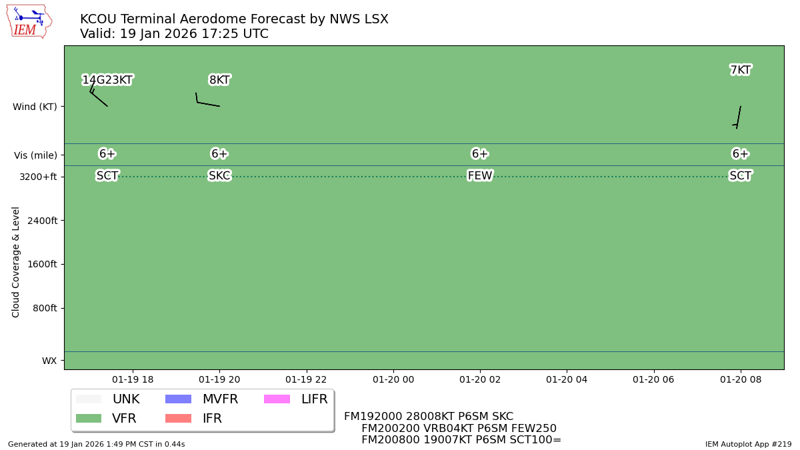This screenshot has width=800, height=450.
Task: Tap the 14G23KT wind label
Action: (107, 80)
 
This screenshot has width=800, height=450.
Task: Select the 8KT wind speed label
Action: (219, 80)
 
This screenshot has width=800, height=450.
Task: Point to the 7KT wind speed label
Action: (740, 70)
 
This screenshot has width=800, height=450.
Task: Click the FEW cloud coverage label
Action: (480, 176)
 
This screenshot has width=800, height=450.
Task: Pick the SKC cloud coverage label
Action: (219, 176)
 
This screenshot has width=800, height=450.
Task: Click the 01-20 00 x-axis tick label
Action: (393, 379)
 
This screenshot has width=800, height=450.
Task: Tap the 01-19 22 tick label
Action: (306, 379)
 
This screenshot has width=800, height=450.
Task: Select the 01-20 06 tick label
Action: (653, 379)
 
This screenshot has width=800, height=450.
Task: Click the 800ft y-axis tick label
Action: (41, 308)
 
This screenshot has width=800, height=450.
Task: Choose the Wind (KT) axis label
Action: (35, 107)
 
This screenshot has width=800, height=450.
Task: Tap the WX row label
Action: (49, 361)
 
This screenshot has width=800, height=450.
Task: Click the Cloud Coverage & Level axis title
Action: (16, 262)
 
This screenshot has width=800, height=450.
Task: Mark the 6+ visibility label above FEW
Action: (480, 154)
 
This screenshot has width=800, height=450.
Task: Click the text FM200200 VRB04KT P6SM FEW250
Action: (459, 429)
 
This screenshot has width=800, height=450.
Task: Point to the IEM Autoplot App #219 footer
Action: (748, 444)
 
